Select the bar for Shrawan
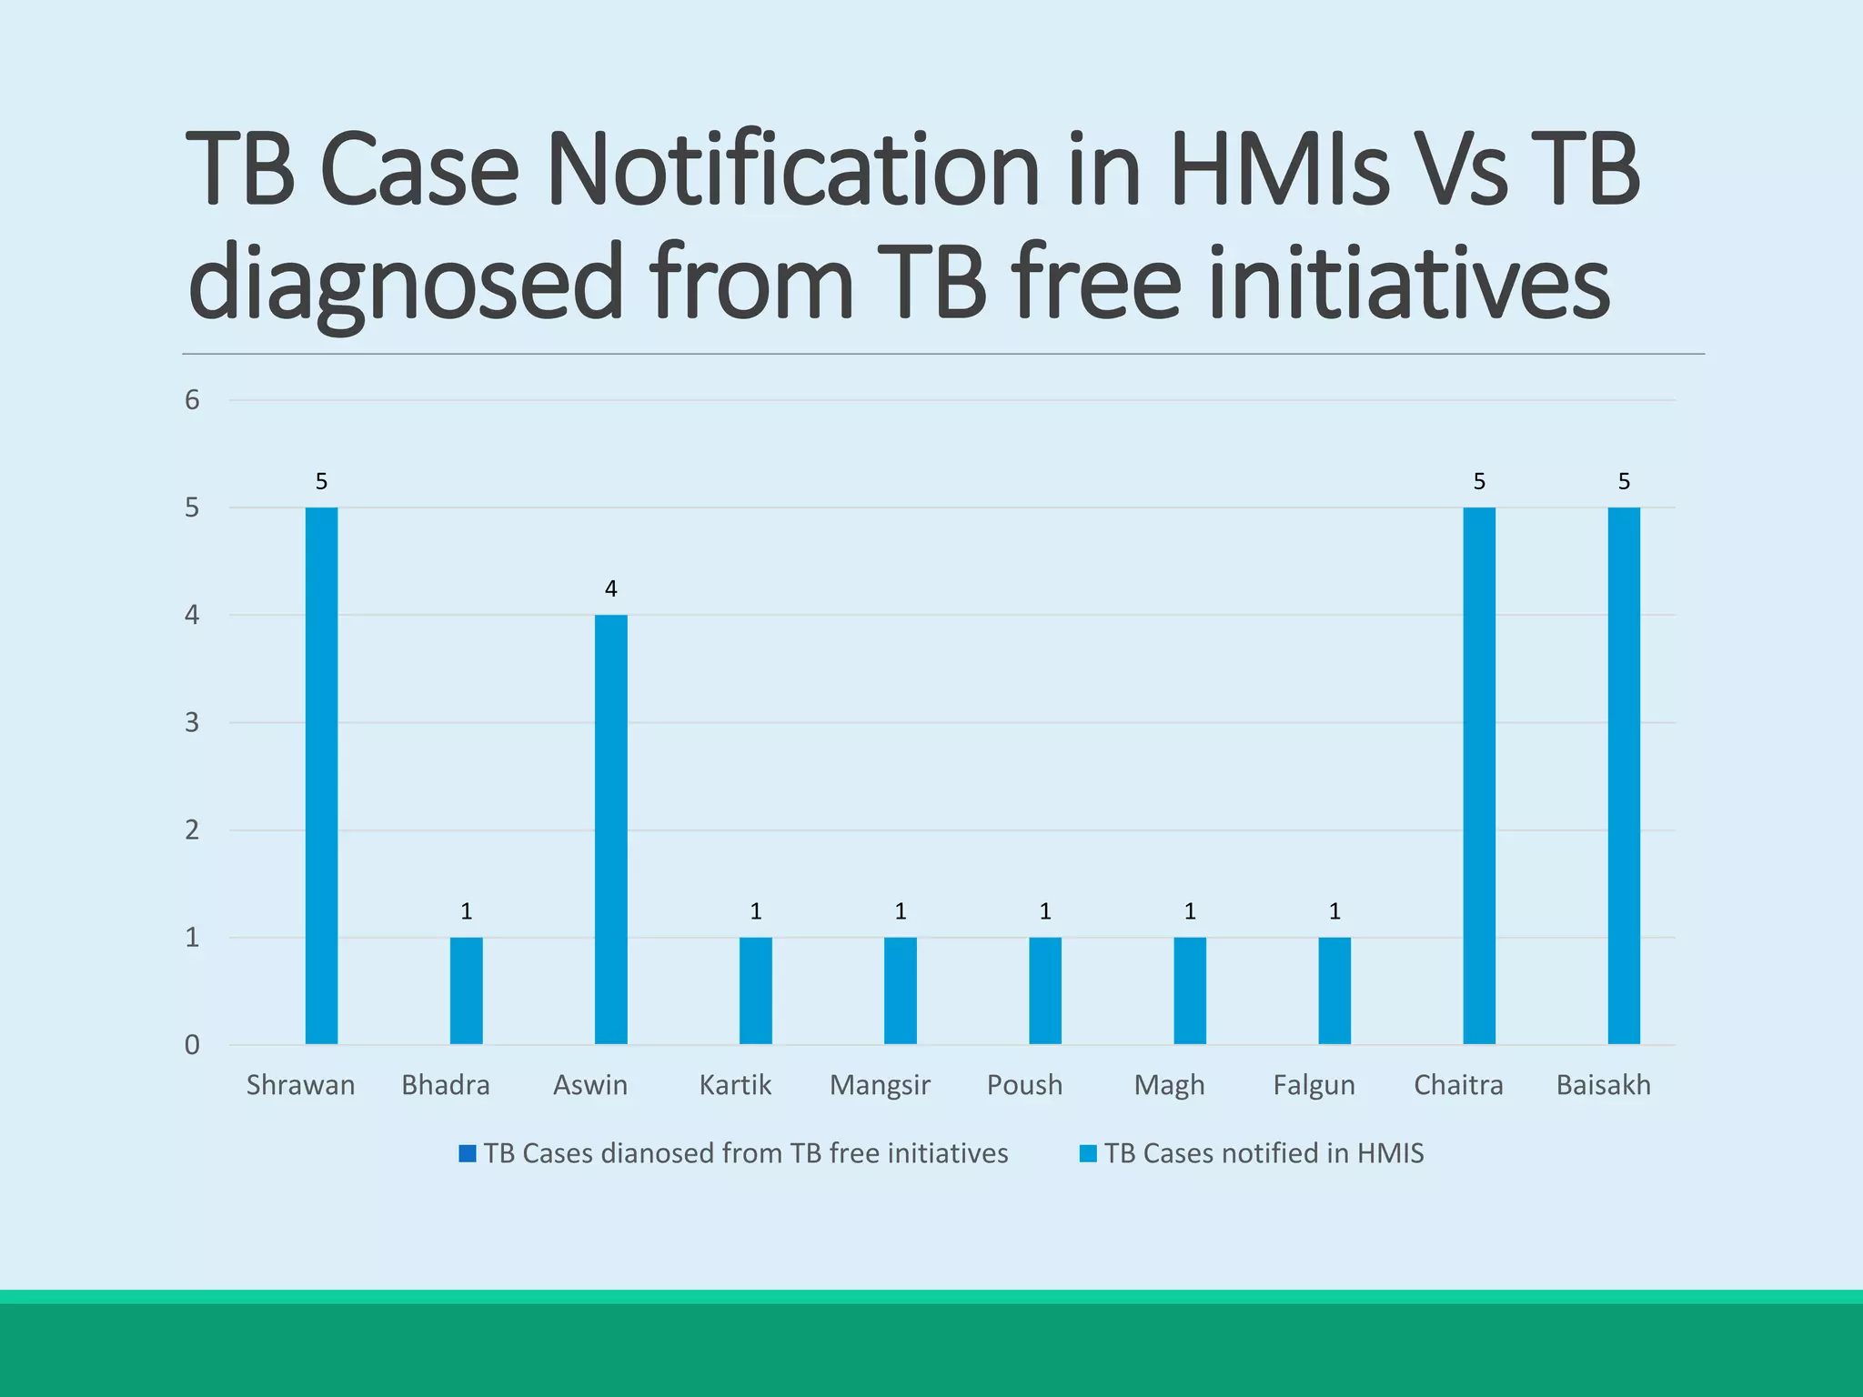321,775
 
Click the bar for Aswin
610,829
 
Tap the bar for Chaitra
1479,775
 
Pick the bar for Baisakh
1624,775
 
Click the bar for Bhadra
466,990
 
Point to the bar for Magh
1190,990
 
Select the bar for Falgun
1334,990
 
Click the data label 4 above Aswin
610,588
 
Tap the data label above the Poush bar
1045,911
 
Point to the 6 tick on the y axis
192,400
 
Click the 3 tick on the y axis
192,723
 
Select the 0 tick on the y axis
192,1045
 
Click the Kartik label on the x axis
735,1085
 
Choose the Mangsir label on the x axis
880,1085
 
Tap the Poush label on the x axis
1024,1085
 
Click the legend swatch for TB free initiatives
468,1153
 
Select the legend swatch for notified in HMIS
1088,1153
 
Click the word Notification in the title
792,170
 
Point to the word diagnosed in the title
406,283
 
